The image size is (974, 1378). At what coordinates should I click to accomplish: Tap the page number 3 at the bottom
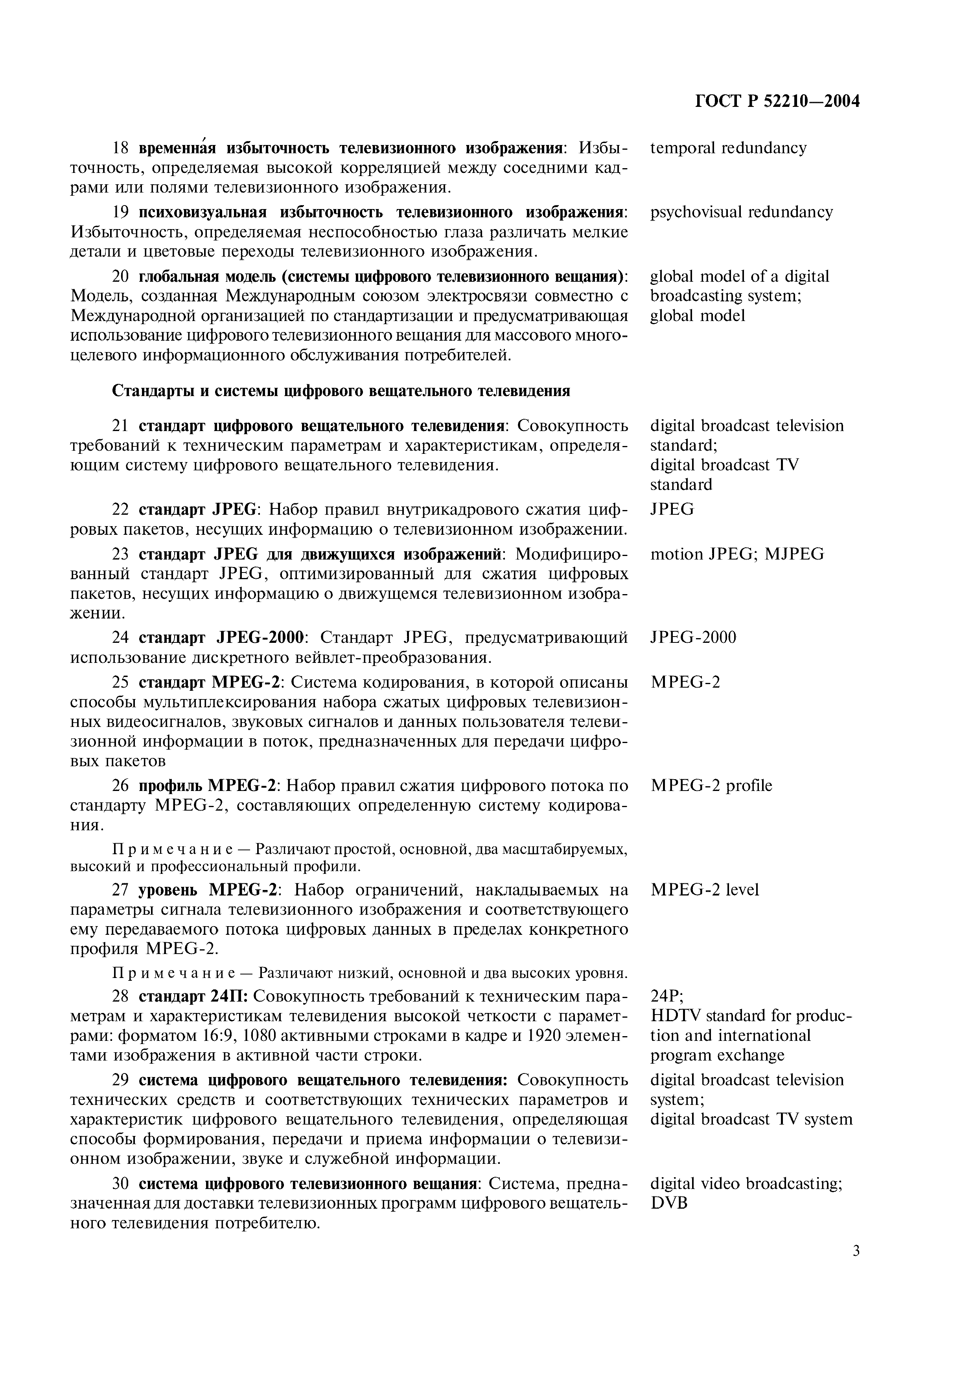tap(856, 1251)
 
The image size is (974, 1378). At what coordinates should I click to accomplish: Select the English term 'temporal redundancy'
tap(728, 148)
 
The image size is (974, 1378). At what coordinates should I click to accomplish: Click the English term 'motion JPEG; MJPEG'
tap(737, 554)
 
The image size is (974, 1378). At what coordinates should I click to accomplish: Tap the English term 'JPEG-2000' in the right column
tap(693, 637)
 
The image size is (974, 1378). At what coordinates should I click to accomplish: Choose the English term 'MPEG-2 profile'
tap(711, 785)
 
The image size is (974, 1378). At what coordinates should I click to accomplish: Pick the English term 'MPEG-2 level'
tap(704, 890)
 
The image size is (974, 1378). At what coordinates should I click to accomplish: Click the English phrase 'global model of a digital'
tap(739, 277)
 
